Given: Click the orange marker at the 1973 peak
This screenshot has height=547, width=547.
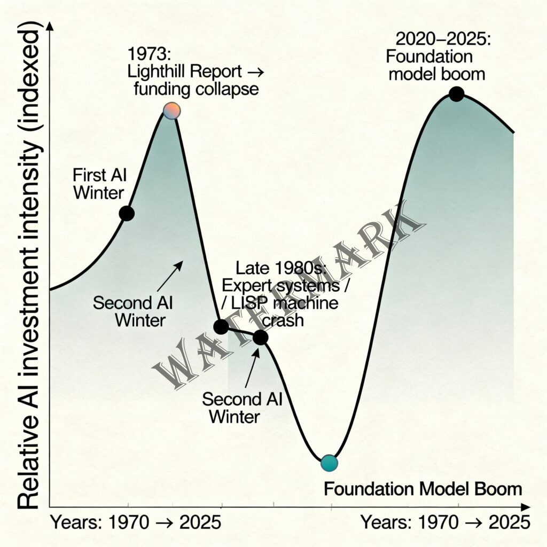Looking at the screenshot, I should point(171,111).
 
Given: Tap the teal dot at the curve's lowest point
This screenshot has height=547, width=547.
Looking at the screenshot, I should point(329,463).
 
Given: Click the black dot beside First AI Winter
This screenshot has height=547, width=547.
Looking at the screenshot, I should point(126,213).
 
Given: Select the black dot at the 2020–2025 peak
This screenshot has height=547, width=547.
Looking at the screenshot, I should point(456,95).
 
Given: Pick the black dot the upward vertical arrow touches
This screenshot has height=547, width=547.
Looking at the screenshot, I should point(260,337).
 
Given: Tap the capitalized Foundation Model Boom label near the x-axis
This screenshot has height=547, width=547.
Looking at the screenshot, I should point(423,489).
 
